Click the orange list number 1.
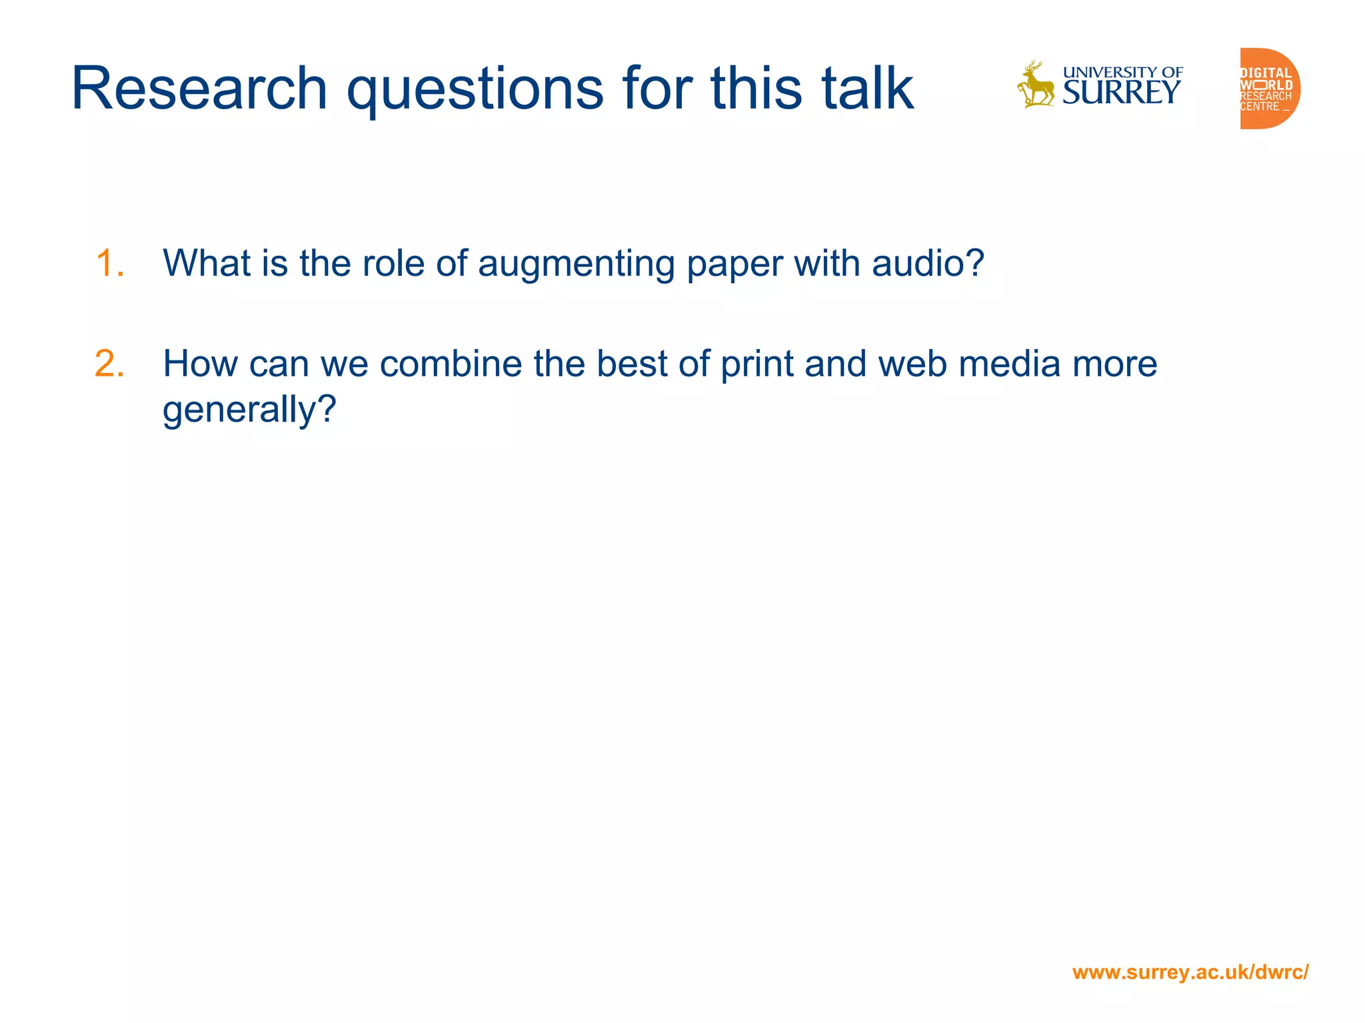(x=109, y=263)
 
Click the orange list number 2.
(x=109, y=364)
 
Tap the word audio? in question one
(x=928, y=263)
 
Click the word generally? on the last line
(x=249, y=411)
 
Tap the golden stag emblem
(x=1035, y=85)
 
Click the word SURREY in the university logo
(x=1122, y=93)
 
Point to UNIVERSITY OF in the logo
(x=1123, y=72)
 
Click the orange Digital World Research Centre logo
(x=1269, y=89)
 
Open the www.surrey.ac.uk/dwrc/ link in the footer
(x=1190, y=972)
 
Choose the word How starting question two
(x=200, y=364)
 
